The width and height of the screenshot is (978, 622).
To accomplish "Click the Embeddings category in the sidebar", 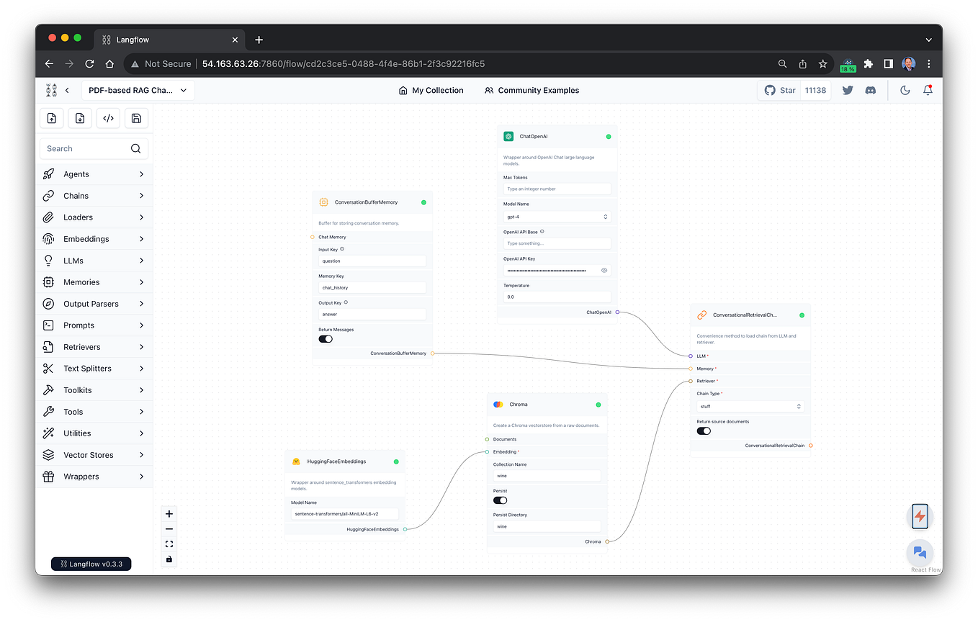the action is coord(86,239).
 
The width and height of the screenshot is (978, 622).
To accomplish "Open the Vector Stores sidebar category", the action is coord(88,455).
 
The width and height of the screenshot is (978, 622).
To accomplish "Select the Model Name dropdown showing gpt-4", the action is coord(557,217).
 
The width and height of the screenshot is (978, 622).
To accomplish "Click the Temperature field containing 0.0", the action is coord(557,297).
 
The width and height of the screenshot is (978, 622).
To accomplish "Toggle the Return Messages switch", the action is coord(326,339).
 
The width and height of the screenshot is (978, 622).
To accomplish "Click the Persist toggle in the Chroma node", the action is coord(500,500).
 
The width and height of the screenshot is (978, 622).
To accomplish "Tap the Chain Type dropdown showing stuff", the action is coord(750,407).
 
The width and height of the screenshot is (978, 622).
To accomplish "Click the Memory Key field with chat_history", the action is coord(372,288).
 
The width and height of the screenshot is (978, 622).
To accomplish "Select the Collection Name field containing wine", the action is coord(547,476).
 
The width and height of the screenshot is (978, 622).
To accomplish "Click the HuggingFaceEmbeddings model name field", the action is coord(344,514).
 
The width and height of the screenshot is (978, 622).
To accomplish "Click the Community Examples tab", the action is coord(531,91).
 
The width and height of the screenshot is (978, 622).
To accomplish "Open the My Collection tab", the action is coord(431,91).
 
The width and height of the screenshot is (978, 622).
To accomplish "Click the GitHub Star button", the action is coord(780,91).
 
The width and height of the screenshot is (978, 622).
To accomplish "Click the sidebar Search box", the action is coord(86,149).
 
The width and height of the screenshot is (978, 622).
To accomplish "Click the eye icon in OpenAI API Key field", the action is coord(604,271).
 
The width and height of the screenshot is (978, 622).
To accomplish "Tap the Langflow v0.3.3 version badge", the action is coord(91,564).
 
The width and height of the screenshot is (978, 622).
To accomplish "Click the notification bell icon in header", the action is coord(928,91).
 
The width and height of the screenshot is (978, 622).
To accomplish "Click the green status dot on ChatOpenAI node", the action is coord(609,136).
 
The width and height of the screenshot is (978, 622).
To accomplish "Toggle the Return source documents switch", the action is coord(704,431).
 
